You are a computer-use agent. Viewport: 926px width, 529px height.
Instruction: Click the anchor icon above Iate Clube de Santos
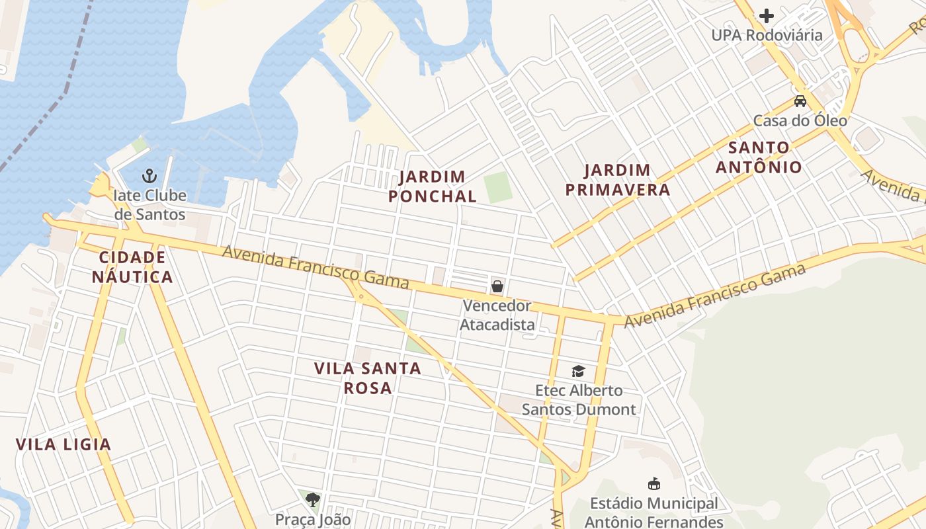149,176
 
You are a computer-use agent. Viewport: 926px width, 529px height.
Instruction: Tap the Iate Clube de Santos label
150,205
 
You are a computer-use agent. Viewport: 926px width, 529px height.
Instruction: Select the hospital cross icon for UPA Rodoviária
767,15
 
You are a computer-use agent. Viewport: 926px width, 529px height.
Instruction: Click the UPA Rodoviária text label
767,35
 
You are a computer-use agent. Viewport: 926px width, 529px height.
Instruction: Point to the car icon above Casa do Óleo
800,101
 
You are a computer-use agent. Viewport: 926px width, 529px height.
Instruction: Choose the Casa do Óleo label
800,121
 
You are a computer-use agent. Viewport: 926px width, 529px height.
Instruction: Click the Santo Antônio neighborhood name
759,157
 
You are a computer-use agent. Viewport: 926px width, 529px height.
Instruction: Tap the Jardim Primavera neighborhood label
618,181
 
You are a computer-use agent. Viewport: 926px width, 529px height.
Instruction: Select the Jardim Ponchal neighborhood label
433,186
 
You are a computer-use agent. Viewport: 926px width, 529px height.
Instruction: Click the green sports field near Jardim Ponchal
498,187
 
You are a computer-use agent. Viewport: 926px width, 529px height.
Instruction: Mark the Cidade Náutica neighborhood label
132,267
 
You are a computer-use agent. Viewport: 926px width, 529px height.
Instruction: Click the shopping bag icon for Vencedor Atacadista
497,286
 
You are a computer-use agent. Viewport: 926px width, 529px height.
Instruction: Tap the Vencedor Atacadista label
497,315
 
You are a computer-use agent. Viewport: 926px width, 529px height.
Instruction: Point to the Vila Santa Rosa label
368,378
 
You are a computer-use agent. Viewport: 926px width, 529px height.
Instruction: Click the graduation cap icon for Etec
579,371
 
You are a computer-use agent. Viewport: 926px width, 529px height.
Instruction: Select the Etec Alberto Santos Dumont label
579,400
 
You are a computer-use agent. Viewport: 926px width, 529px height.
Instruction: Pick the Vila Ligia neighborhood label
63,444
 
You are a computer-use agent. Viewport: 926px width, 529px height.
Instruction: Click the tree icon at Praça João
313,499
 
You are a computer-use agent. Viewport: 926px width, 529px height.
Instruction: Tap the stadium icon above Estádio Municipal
654,484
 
